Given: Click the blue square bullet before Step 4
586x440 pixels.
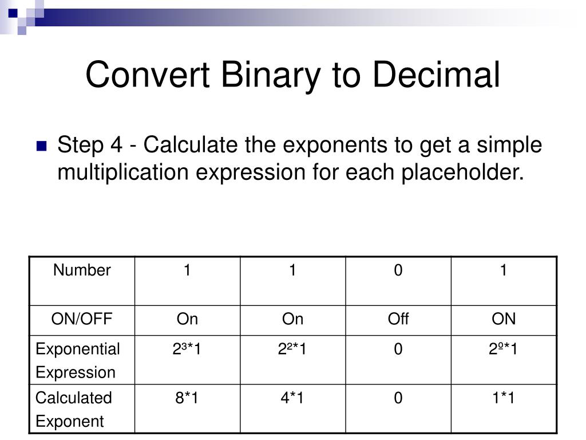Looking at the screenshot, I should pyautogui.click(x=41, y=146).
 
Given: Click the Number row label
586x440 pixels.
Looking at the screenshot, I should pyautogui.click(x=82, y=270).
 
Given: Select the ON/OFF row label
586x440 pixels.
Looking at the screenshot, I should pyautogui.click(x=82, y=319).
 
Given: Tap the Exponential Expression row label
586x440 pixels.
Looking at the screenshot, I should pyautogui.click(x=78, y=360).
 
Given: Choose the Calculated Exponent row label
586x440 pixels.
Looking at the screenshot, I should pyautogui.click(x=74, y=409).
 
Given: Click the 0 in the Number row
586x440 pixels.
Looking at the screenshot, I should pyautogui.click(x=398, y=270).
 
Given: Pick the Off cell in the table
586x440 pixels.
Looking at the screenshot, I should pyautogui.click(x=398, y=319).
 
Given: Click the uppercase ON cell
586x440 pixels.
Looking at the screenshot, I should pyautogui.click(x=504, y=319).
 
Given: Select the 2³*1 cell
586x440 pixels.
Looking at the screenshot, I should pyautogui.click(x=187, y=349).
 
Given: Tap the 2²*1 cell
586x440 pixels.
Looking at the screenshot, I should pyautogui.click(x=292, y=349).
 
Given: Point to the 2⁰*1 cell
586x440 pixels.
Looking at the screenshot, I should pyautogui.click(x=504, y=349).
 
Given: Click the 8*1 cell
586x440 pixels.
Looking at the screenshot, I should pyautogui.click(x=187, y=398).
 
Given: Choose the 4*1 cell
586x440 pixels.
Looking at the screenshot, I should pyautogui.click(x=292, y=398).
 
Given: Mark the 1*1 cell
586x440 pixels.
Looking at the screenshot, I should pyautogui.click(x=504, y=398).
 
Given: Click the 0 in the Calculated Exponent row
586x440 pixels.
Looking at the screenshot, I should pyautogui.click(x=398, y=398).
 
